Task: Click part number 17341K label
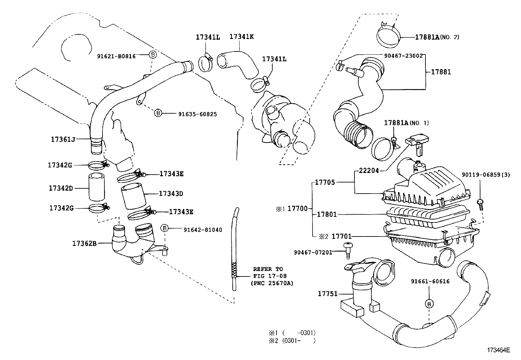(x=241, y=37)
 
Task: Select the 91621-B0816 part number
(x=121, y=56)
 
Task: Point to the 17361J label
(x=63, y=139)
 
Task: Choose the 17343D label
(x=171, y=194)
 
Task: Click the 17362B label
(x=84, y=243)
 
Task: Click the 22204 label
(x=369, y=171)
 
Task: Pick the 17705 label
(x=325, y=182)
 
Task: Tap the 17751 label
(x=328, y=294)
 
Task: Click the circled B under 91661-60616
(x=429, y=304)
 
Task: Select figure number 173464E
(x=498, y=350)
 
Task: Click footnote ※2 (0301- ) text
(x=292, y=340)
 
